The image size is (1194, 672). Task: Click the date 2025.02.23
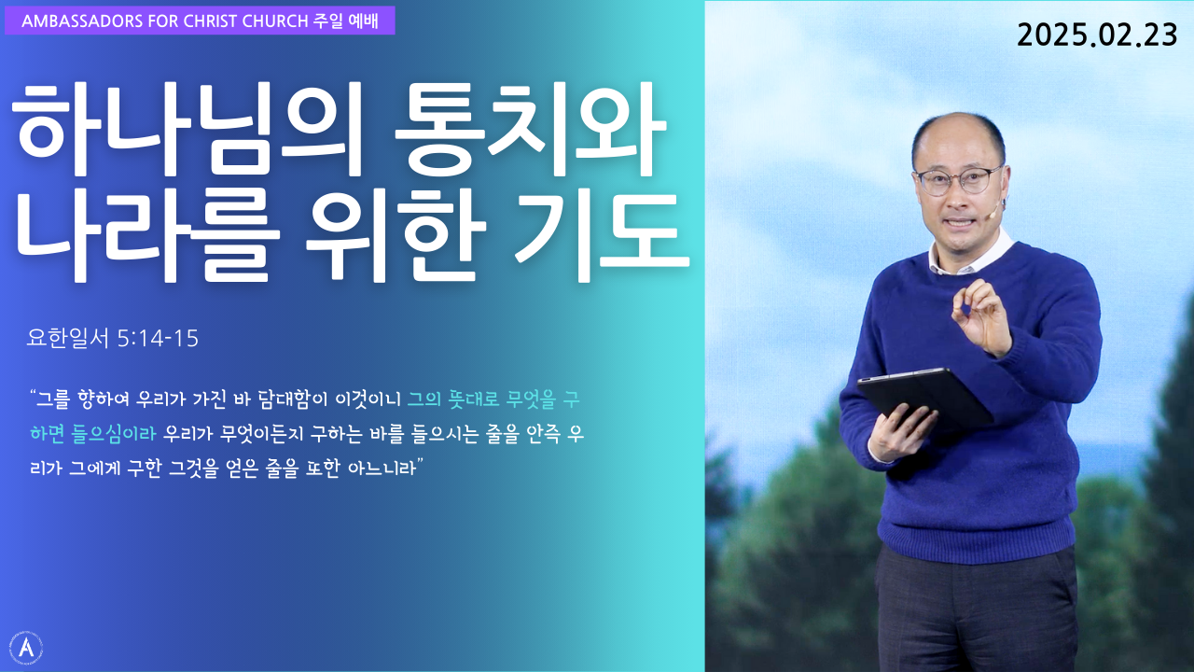(x=1096, y=35)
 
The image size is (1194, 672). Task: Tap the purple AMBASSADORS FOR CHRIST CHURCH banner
(x=200, y=21)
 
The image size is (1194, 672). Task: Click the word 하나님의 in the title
(x=187, y=130)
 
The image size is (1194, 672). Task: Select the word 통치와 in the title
(x=531, y=130)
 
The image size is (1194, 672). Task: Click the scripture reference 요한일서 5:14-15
(x=113, y=338)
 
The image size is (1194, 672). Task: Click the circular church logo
(x=25, y=648)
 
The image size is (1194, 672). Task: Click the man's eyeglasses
(x=958, y=180)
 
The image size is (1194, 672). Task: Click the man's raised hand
(x=982, y=315)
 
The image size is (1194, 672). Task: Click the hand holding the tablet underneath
(x=901, y=431)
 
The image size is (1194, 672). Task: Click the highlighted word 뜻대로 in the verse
(x=474, y=399)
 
